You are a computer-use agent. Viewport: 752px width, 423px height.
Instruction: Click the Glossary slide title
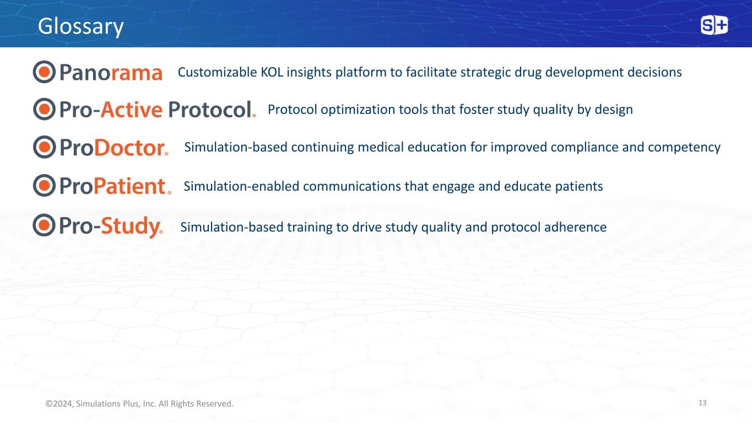(81, 26)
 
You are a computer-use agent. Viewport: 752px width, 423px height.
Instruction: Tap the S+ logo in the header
(714, 25)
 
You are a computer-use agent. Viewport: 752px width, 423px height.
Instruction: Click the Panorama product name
(111, 72)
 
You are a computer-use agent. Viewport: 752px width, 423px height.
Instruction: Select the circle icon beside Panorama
(44, 72)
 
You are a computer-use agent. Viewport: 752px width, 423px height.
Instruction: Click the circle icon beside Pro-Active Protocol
(44, 109)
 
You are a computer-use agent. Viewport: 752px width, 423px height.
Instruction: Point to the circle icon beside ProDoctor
(44, 147)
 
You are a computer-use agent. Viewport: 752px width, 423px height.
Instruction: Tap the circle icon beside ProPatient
(44, 185)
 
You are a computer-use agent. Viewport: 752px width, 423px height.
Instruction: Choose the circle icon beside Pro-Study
(44, 225)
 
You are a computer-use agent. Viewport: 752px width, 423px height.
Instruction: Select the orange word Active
(132, 110)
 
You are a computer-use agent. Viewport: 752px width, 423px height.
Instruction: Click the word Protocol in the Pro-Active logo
(210, 110)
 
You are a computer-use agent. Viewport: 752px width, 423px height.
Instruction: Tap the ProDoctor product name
(114, 148)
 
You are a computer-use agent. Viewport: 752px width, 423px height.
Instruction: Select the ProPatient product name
(115, 186)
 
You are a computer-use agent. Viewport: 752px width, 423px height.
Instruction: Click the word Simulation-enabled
(241, 186)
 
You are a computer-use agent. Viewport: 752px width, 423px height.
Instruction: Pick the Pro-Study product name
(111, 226)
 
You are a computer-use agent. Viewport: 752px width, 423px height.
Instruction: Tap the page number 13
(702, 403)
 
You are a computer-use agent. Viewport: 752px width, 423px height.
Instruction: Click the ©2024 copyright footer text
(139, 404)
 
